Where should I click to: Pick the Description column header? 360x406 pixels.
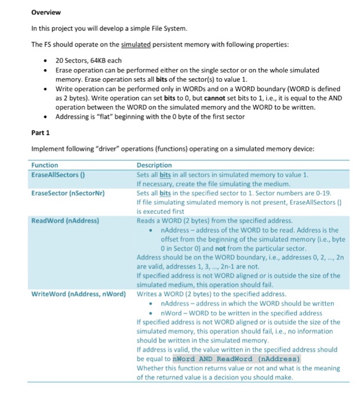click(154, 165)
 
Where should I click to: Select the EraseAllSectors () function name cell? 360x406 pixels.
click(60, 175)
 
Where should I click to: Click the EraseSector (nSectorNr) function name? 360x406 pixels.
click(67, 193)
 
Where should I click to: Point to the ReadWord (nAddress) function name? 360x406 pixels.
click(65, 221)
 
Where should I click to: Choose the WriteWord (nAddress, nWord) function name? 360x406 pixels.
click(78, 295)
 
